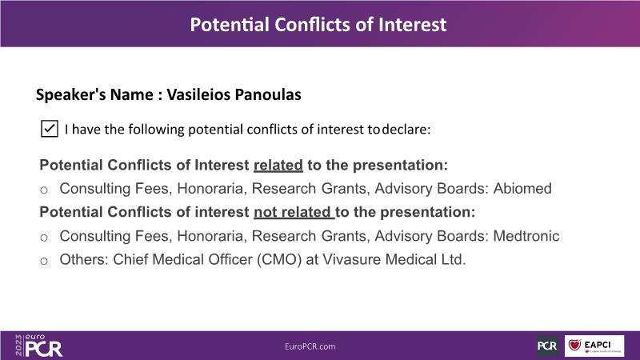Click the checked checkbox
click(50, 129)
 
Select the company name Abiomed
click(522, 188)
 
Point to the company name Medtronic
click(526, 236)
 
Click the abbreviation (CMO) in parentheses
click(279, 259)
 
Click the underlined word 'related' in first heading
click(278, 166)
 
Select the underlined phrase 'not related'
click(292, 212)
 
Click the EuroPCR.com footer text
click(310, 346)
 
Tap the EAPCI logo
click(594, 346)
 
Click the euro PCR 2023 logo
click(38, 346)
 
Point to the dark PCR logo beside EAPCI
click(547, 346)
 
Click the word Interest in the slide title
click(412, 25)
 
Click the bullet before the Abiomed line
click(44, 190)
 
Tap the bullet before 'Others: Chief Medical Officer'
click(44, 261)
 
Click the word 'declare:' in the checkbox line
click(406, 130)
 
